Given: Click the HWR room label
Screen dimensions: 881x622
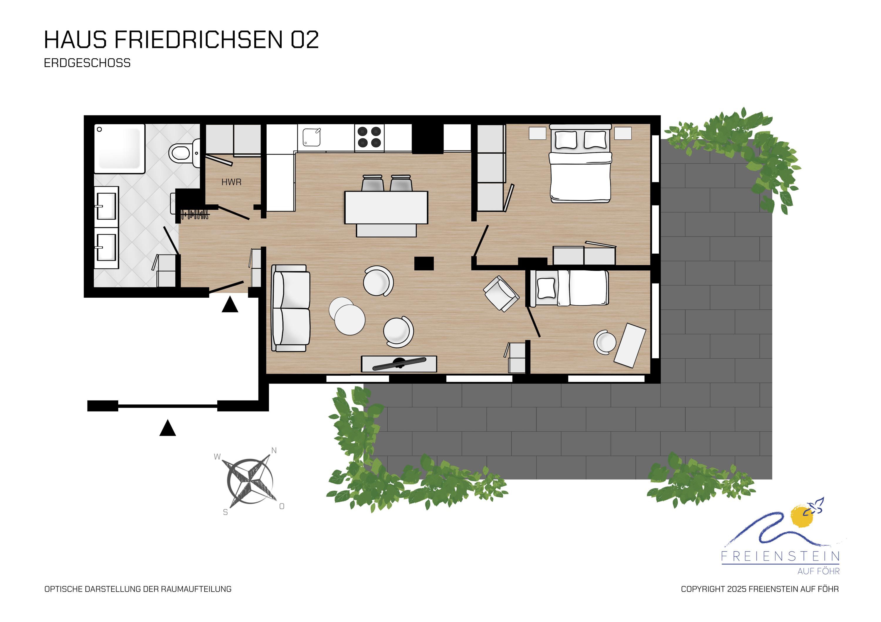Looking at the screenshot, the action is click(231, 182).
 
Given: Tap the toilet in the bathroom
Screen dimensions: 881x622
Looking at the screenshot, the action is click(184, 153).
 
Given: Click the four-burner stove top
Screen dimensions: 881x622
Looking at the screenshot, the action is click(369, 137).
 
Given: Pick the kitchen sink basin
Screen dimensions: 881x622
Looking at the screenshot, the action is click(312, 137).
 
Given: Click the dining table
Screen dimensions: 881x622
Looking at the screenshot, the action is click(386, 207).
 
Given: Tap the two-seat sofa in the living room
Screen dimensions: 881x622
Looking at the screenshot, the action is click(291, 308).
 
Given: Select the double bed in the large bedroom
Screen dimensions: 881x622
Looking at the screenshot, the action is click(580, 163).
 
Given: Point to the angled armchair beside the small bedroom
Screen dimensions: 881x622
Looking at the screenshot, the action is click(501, 293).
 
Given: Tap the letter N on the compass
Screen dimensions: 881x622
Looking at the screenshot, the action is click(274, 450).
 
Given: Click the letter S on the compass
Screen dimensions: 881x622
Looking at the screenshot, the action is click(225, 512).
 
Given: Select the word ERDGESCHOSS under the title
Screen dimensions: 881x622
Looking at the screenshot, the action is click(87, 63).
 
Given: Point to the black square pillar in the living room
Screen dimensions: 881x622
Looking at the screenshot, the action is click(424, 264).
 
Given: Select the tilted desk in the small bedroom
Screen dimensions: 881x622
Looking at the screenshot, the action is click(630, 345).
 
